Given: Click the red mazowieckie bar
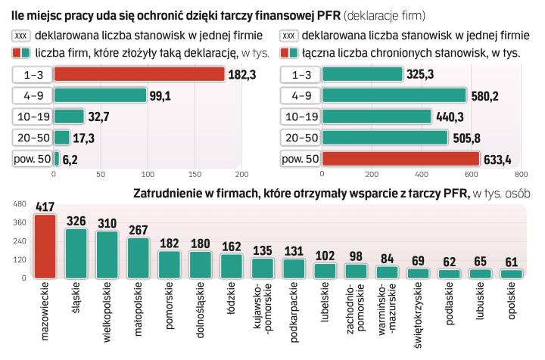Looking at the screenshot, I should point(45,246).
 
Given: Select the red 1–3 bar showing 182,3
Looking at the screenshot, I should point(139,74).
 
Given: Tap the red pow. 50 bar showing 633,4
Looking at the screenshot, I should point(400,159).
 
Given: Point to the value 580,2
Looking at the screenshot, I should point(484,95).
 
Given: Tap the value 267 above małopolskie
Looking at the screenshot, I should point(139,229).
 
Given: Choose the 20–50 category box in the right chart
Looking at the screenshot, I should point(301,138).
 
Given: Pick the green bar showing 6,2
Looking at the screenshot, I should point(57,159).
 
